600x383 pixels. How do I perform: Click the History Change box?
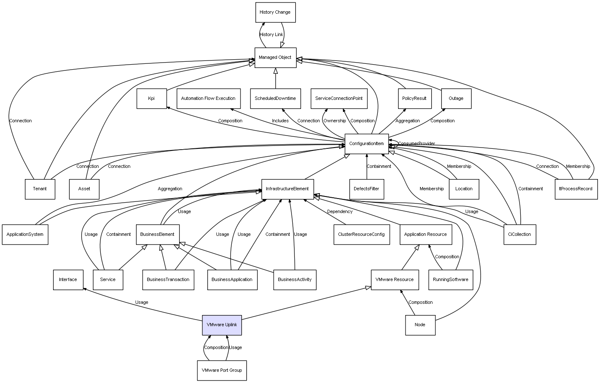click(275, 12)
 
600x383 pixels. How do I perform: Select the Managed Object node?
click(275, 58)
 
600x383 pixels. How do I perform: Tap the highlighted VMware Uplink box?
click(222, 325)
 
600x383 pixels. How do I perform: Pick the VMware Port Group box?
click(222, 370)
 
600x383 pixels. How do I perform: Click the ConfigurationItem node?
click(367, 144)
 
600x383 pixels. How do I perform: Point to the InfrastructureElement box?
click(287, 189)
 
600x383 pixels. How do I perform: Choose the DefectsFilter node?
click(367, 189)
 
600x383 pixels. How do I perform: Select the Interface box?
click(68, 280)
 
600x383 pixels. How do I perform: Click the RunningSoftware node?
click(450, 280)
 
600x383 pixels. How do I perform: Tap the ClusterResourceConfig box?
click(362, 235)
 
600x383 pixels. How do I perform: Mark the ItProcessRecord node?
click(576, 189)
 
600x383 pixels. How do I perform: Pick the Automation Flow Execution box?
click(209, 99)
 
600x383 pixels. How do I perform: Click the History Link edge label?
click(271, 35)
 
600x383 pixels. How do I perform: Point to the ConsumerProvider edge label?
click(417, 144)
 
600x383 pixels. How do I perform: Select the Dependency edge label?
click(340, 212)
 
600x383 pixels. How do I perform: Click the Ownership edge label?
click(335, 121)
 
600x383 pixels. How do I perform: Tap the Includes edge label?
click(280, 121)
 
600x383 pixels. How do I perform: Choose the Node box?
click(420, 325)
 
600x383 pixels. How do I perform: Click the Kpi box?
click(151, 99)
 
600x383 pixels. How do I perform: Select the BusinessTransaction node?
click(168, 280)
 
